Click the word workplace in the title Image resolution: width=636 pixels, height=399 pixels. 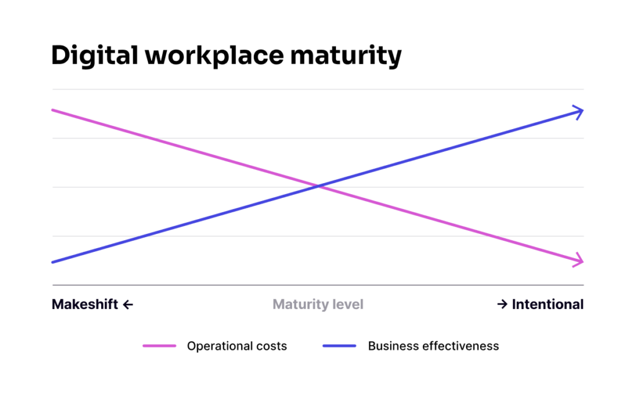coord(204,56)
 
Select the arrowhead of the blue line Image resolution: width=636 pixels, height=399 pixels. coord(579,112)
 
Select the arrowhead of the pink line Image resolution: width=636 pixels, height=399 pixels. coord(579,261)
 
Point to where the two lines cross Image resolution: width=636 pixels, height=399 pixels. coord(318,186)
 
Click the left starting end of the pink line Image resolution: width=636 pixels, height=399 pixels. coord(54,110)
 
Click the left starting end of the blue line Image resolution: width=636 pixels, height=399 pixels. coord(54,262)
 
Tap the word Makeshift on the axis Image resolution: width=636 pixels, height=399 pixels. coord(84,304)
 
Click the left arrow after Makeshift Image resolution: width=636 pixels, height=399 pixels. coord(128,305)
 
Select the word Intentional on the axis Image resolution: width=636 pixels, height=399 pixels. coord(548,304)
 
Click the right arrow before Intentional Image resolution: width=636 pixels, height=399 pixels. coord(502,305)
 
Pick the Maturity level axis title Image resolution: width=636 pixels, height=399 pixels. coord(318,304)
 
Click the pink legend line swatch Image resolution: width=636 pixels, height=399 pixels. coord(160,346)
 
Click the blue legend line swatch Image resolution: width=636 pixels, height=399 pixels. coord(339,346)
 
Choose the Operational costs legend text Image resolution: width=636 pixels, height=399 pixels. coord(237,346)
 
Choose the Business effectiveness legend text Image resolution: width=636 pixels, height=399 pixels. coord(434,346)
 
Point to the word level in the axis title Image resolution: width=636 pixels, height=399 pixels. coord(348,304)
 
